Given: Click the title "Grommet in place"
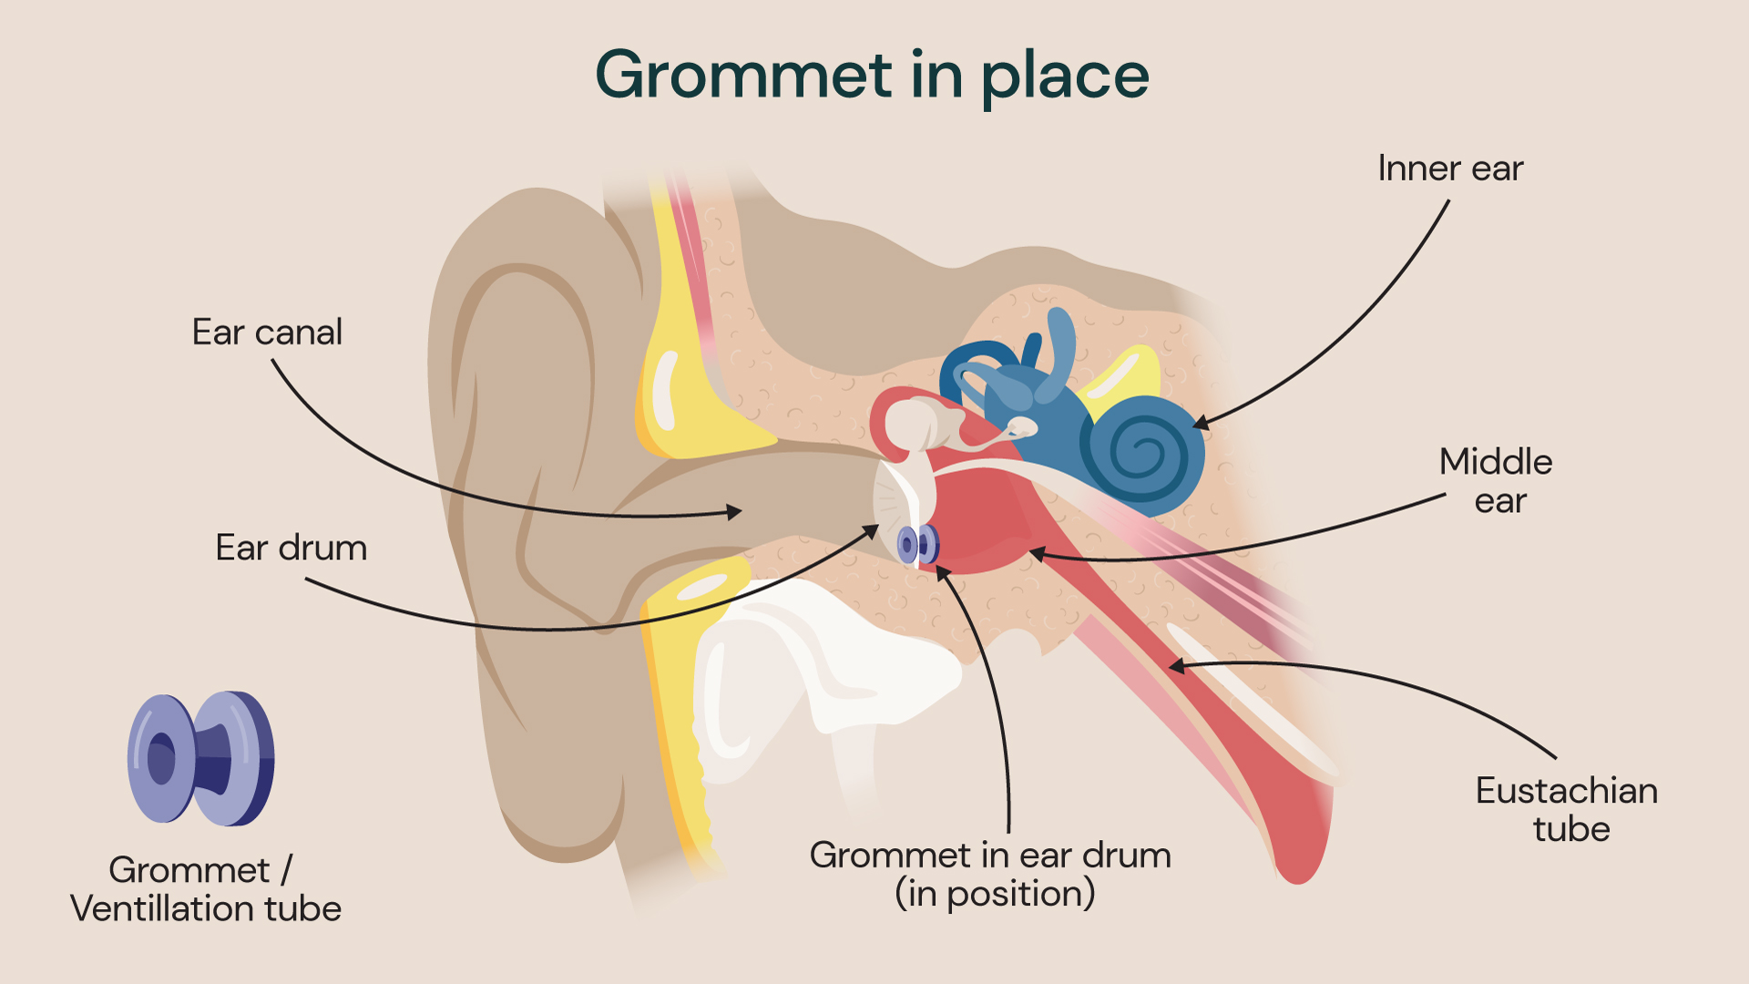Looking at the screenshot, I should tap(872, 76).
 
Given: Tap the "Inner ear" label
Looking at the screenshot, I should tap(1449, 169).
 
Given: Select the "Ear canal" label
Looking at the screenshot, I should tap(267, 333).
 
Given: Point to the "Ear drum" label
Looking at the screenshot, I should tap(291, 548).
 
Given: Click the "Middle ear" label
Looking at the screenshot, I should tap(1496, 480).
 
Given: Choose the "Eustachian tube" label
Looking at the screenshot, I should tap(1567, 809).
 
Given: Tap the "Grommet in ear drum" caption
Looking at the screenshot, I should tap(990, 856).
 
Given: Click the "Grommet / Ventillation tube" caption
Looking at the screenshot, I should tap(206, 888).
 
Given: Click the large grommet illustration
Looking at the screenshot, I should tap(200, 758).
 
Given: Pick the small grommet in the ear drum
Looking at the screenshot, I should tap(918, 544).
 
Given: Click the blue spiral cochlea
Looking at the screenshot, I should tap(1142, 451).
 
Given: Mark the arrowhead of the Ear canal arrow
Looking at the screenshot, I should tap(736, 511).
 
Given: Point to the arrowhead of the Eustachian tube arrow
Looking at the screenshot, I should tap(1176, 666).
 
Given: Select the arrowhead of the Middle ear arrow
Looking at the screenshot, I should tap(1037, 553).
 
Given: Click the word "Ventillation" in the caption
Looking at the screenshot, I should tap(160, 908).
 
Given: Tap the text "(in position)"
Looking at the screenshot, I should tap(995, 894).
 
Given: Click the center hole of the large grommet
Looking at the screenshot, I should tap(161, 758).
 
